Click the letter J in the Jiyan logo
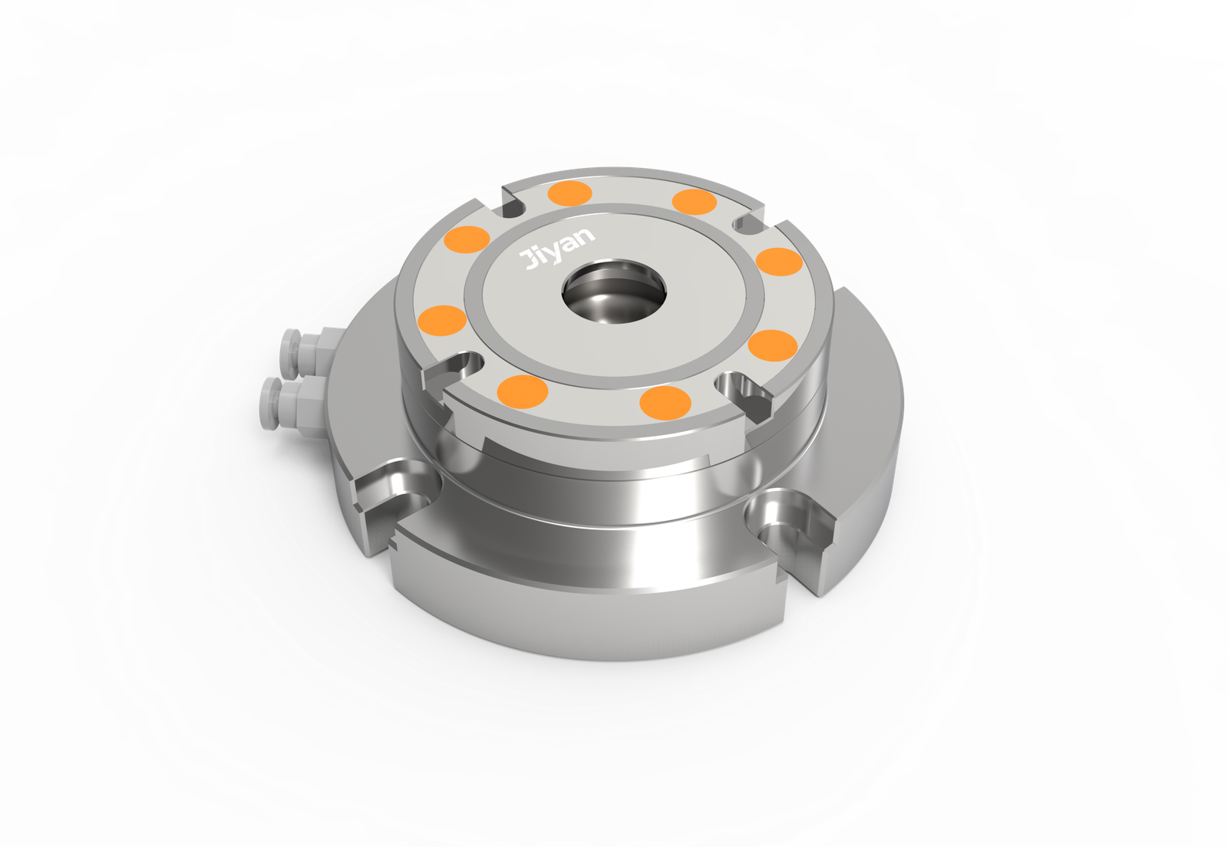529,259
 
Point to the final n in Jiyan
585,236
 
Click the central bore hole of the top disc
615,292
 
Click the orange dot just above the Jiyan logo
570,193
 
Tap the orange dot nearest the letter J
467,239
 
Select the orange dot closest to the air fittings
442,321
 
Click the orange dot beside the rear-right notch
694,202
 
